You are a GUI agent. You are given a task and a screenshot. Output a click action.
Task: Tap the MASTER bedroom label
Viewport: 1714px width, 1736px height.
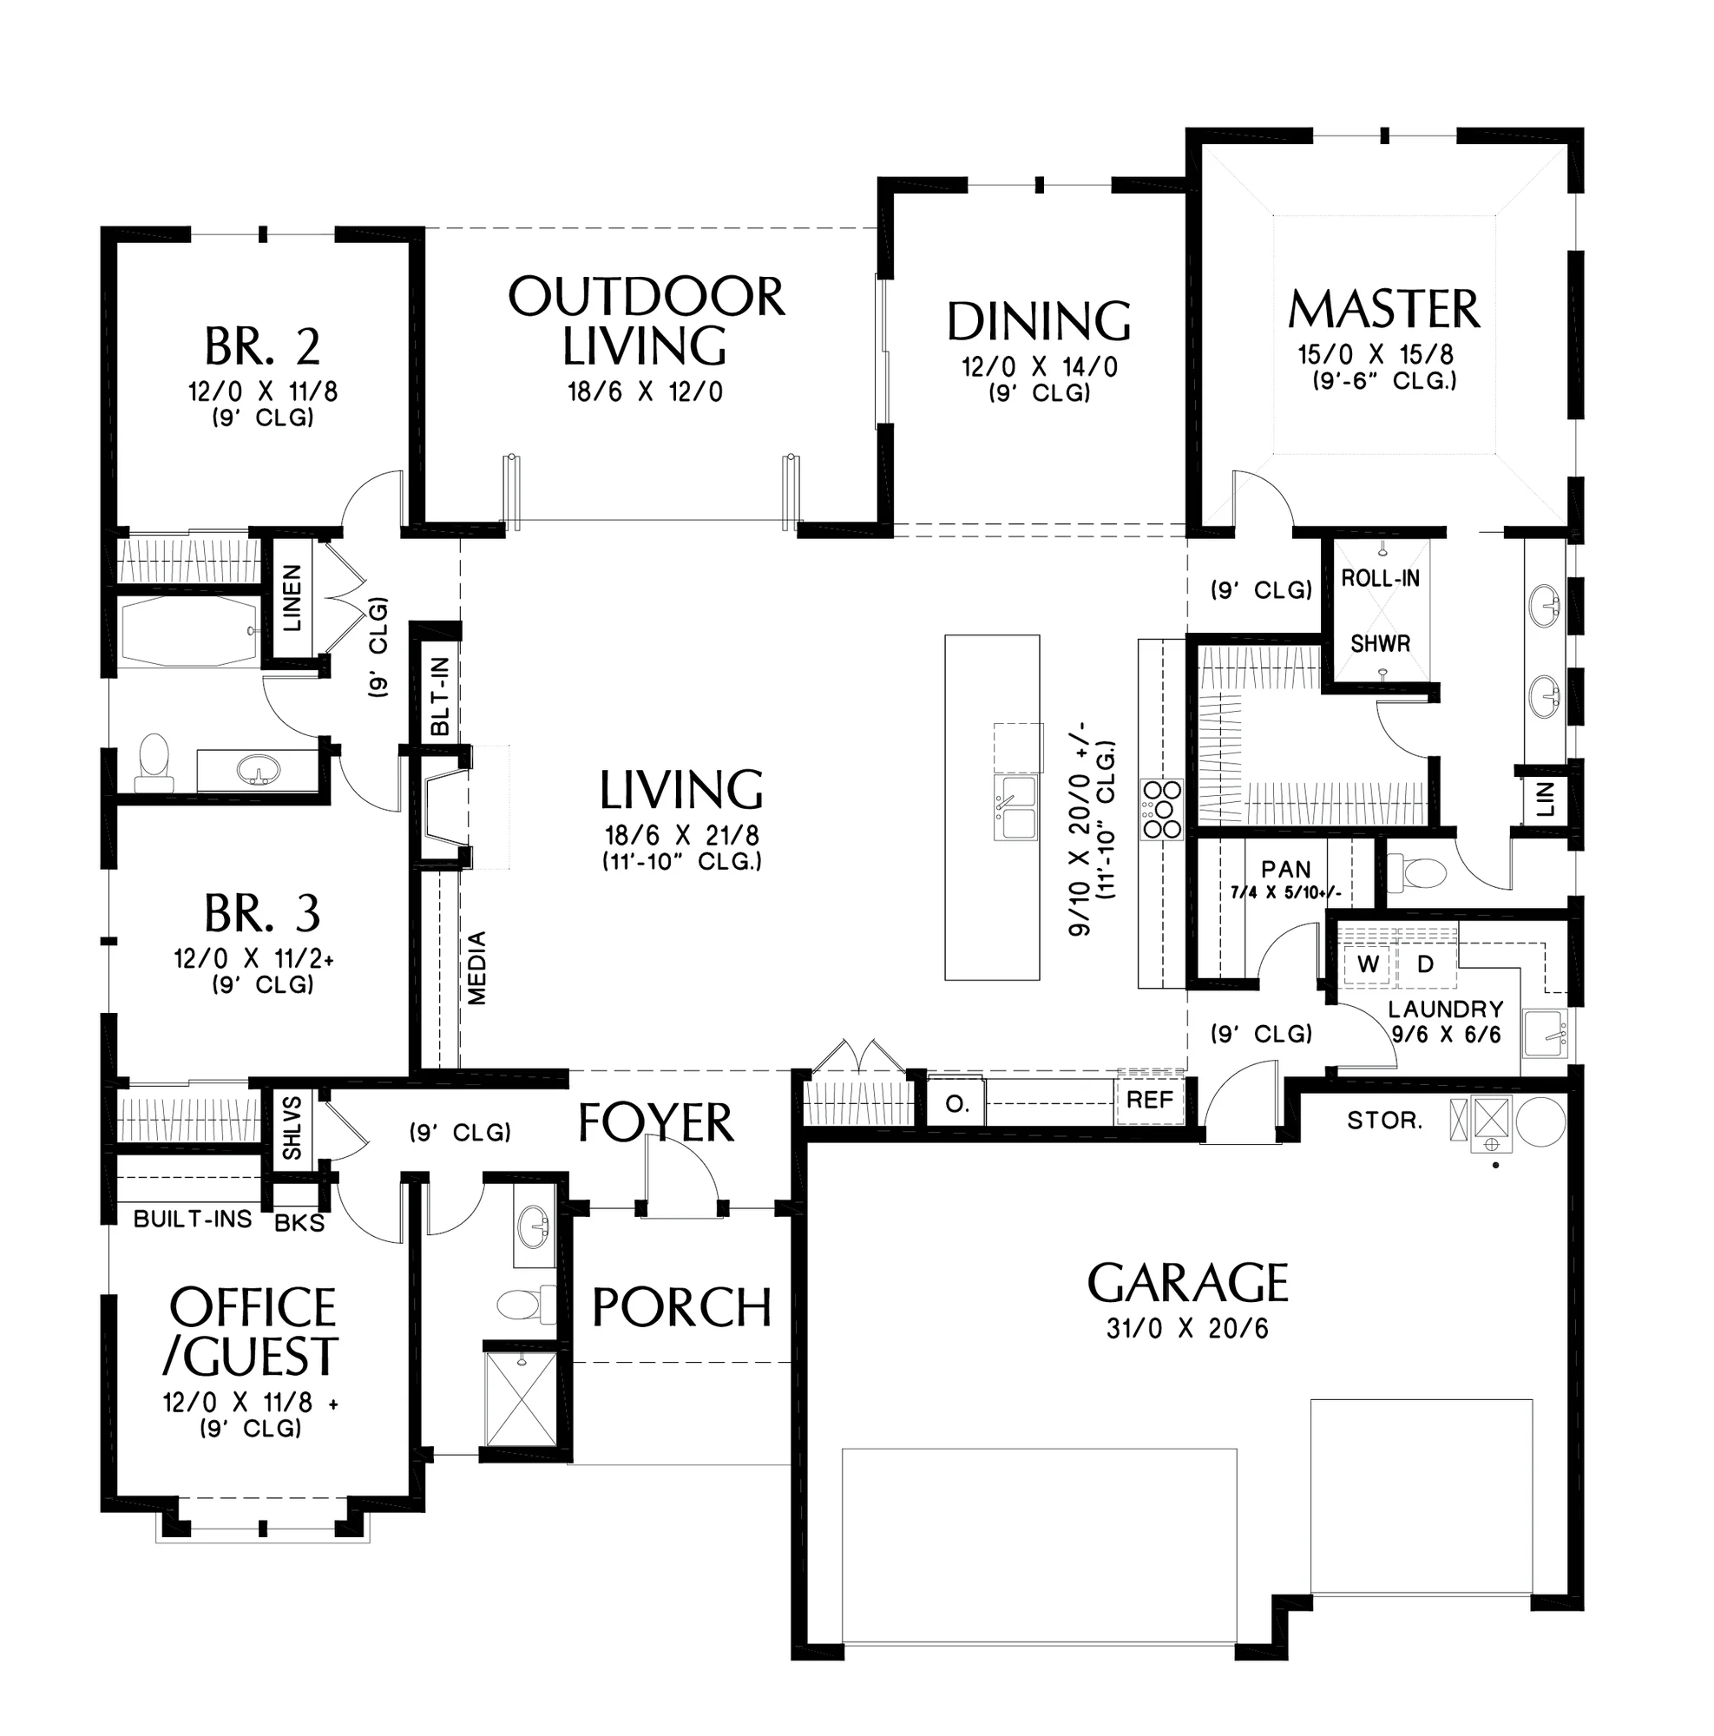[x=1383, y=309]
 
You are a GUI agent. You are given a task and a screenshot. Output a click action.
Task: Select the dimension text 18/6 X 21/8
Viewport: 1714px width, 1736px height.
[x=682, y=836]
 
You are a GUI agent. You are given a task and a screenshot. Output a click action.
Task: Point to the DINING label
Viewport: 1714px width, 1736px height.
[x=1039, y=322]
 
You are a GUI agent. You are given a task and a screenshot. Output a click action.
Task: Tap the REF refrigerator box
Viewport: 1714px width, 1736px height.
[x=1149, y=1100]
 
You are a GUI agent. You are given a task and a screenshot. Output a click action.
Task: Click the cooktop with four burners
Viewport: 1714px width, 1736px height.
[x=1161, y=809]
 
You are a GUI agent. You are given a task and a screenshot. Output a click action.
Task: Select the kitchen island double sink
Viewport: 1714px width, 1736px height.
[x=1015, y=807]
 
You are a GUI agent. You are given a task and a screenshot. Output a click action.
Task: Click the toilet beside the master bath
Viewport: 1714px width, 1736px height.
[x=1415, y=871]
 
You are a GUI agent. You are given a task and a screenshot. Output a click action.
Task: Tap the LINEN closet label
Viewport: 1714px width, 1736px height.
[x=292, y=597]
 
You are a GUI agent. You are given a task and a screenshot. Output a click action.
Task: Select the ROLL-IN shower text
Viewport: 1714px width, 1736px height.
[x=1380, y=579]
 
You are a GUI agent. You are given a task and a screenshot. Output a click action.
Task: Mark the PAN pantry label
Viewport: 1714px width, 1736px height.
[x=1285, y=869]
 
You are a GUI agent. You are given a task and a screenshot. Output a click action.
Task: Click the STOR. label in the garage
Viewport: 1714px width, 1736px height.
[x=1384, y=1121]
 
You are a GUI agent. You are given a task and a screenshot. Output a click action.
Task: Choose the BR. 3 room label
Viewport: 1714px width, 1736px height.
[x=261, y=913]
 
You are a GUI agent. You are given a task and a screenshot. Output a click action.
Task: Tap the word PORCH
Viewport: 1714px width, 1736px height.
[x=682, y=1307]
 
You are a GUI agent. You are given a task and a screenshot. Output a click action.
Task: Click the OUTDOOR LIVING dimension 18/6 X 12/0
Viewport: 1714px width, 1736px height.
[x=645, y=391]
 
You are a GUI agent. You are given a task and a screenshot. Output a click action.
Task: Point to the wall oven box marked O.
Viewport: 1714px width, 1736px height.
[x=957, y=1104]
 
